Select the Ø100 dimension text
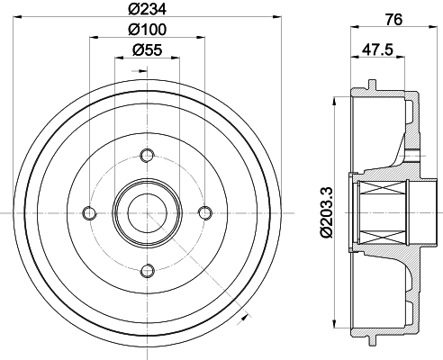[147, 30]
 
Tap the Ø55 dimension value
[147, 49]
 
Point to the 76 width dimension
[393, 20]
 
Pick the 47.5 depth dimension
[377, 49]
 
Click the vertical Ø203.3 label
[327, 212]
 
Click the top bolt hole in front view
[147, 156]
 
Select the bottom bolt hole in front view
[147, 271]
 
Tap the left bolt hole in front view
[89, 213]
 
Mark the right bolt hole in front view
[205, 213]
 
